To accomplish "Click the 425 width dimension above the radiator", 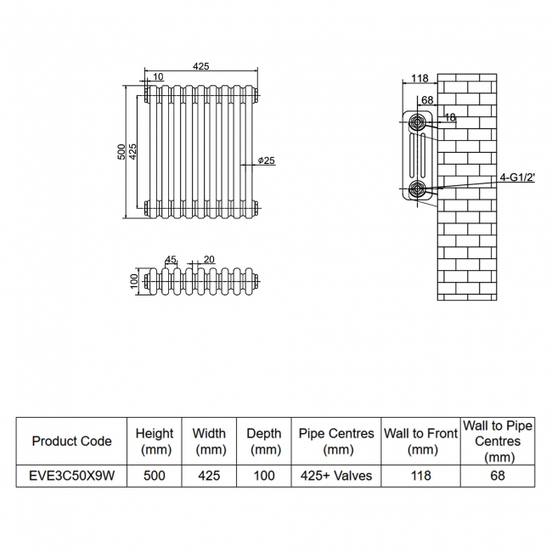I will click(x=201, y=66).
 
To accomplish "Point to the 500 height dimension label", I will click(x=121, y=151).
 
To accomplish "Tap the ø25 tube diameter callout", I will click(x=266, y=161).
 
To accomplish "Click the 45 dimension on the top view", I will click(x=170, y=260).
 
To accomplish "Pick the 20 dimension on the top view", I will click(x=209, y=260).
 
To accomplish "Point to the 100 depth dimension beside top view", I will click(x=133, y=281).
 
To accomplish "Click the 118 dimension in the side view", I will click(x=419, y=78).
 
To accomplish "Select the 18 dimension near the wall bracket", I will click(x=449, y=118).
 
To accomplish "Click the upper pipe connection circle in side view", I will click(x=418, y=122).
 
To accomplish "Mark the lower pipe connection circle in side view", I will click(x=417, y=189).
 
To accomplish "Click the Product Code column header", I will click(x=71, y=441).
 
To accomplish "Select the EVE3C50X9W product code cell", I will click(x=71, y=476).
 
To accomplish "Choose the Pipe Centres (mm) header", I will click(x=337, y=441).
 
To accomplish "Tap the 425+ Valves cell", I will click(x=337, y=476).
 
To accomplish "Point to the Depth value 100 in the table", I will click(x=264, y=476).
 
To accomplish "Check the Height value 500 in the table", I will click(x=154, y=476).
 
